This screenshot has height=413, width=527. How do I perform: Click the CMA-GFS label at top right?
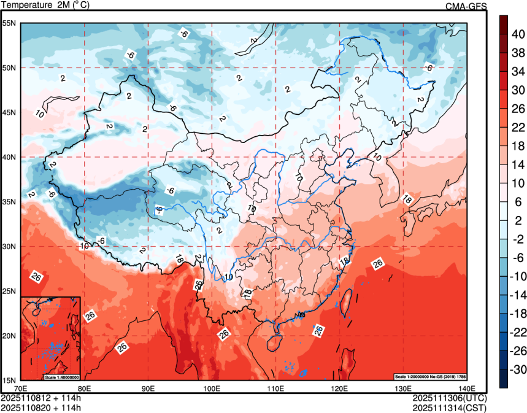[466, 7]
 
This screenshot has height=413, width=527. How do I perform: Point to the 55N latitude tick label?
[9, 23]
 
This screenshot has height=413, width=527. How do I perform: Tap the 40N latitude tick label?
[9, 157]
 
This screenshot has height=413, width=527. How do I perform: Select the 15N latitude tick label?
[9, 380]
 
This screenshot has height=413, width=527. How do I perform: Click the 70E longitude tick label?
[21, 388]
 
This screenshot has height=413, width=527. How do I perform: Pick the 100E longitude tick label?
[212, 388]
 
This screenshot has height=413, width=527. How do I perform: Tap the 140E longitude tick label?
[466, 388]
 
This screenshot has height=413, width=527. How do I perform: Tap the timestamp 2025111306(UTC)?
[450, 398]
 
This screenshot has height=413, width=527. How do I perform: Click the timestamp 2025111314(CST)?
[450, 406]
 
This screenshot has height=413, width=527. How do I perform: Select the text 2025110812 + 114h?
[41, 398]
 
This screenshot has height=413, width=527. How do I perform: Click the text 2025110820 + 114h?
[41, 406]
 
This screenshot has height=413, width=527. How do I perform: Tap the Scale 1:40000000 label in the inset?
[61, 376]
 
